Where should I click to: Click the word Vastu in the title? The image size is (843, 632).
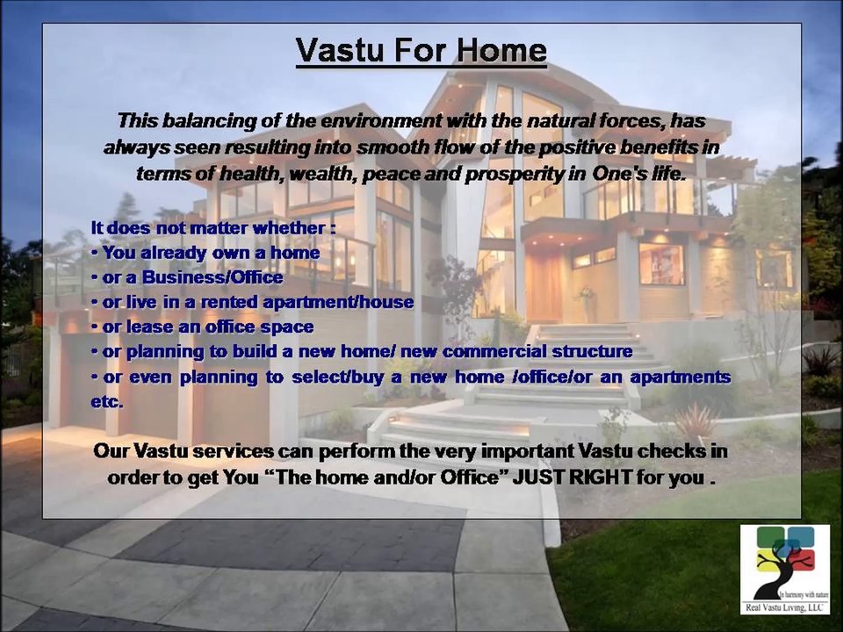click(x=340, y=50)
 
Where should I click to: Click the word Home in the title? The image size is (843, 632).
click(x=501, y=50)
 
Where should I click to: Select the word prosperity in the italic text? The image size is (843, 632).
click(x=525, y=174)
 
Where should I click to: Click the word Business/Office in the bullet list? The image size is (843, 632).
click(x=213, y=277)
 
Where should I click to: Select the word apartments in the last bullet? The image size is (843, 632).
click(x=680, y=377)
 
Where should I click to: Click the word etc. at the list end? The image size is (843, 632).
click(x=107, y=401)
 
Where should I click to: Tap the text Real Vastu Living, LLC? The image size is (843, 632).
click(x=784, y=607)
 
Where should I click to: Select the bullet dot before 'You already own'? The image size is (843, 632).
click(x=94, y=253)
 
